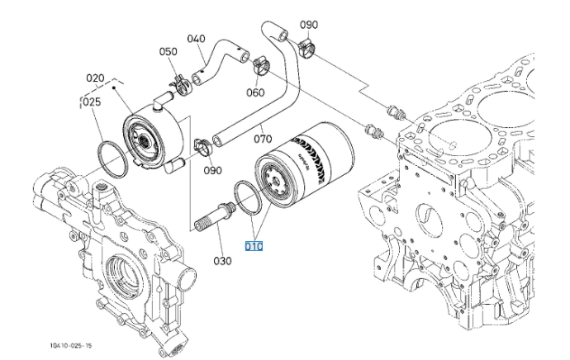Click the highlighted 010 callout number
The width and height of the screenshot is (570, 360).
point(253,246)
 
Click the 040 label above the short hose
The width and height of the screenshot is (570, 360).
point(196,39)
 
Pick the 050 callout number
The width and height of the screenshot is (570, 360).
point(168,52)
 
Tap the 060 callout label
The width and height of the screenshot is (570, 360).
point(255,92)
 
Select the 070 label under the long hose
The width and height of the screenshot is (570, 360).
point(262,128)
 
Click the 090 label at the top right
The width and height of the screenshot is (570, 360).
point(309,25)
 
